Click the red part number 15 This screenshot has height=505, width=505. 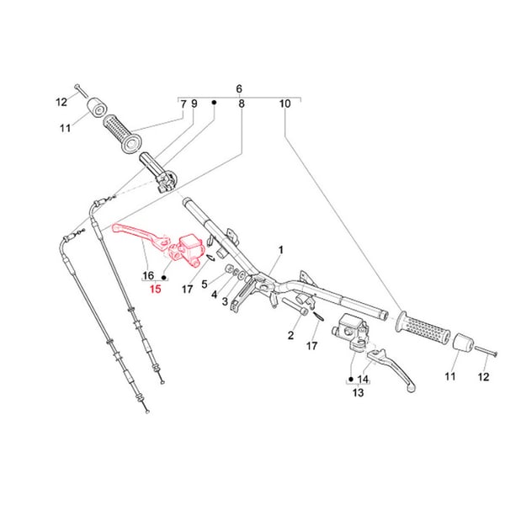pyautogui.click(x=154, y=290)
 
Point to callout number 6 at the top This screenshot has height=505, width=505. pyautogui.click(x=239, y=88)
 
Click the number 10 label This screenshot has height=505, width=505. pyautogui.click(x=284, y=104)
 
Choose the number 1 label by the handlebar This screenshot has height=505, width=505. pyautogui.click(x=281, y=250)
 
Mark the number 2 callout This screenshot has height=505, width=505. pyautogui.click(x=290, y=336)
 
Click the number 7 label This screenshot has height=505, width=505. pyautogui.click(x=183, y=104)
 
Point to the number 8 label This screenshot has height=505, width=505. pyautogui.click(x=242, y=104)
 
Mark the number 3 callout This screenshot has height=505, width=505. pyautogui.click(x=225, y=300)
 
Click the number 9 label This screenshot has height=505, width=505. pyautogui.click(x=194, y=104)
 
